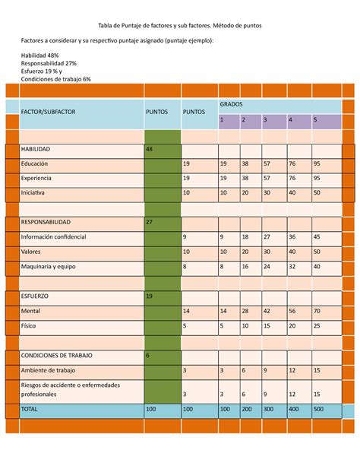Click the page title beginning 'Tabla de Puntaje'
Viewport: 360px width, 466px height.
click(179, 25)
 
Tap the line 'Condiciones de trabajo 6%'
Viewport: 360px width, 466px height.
click(56, 78)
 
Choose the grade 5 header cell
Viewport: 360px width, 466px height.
click(315, 119)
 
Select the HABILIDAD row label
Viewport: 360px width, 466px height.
click(39, 149)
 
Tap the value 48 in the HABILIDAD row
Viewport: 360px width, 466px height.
click(150, 149)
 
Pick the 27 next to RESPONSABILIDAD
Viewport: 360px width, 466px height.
click(150, 222)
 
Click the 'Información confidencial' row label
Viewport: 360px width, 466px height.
click(53, 237)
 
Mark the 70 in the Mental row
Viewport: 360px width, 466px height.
click(317, 311)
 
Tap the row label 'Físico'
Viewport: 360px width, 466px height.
click(30, 325)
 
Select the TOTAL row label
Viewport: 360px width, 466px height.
click(30, 409)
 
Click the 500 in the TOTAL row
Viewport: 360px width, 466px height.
click(319, 409)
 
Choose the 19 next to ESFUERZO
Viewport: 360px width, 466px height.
click(150, 296)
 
